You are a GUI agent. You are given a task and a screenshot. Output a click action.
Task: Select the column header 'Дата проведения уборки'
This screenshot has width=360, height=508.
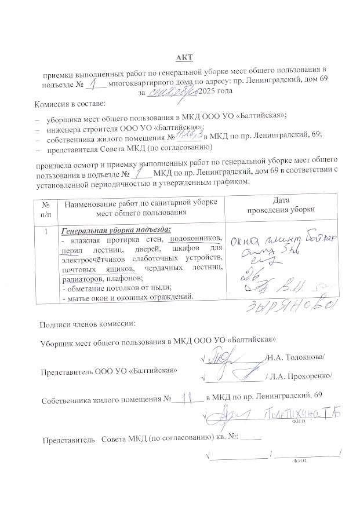click(x=281, y=205)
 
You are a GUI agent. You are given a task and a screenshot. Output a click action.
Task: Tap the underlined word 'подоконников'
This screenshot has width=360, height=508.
click(x=194, y=239)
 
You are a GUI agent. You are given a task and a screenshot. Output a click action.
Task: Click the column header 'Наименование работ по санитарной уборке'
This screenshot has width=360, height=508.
click(x=140, y=203)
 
